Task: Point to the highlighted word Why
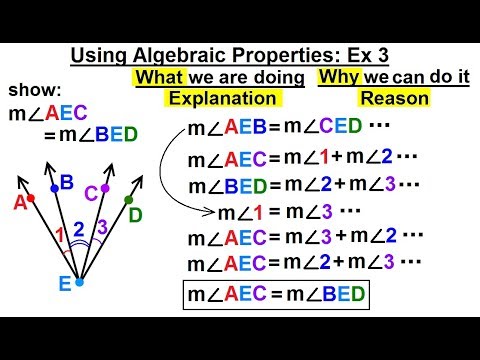tap(336, 76)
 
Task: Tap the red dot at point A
tap(31, 198)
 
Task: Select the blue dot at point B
tap(53, 188)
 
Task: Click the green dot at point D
tap(129, 200)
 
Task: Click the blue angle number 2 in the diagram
tap(78, 229)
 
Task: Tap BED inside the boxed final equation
tap(334, 296)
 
